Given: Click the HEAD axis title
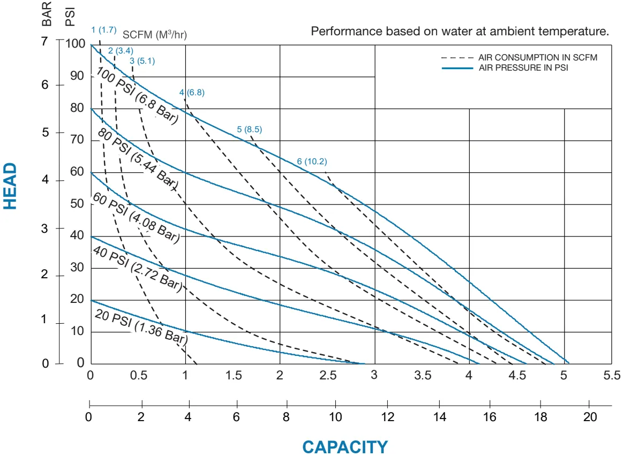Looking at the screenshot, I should pyautogui.click(x=10, y=186).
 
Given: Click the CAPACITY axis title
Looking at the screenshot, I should pyautogui.click(x=344, y=447).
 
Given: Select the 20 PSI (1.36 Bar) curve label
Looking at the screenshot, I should pyautogui.click(x=141, y=326).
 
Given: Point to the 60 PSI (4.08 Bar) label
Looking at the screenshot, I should pyautogui.click(x=136, y=219).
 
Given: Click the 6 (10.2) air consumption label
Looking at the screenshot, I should pyautogui.click(x=312, y=162).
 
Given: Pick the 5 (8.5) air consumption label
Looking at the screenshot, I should pyautogui.click(x=249, y=129).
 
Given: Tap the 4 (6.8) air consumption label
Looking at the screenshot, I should pyautogui.click(x=192, y=92).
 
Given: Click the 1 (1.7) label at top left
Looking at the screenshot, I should pyautogui.click(x=103, y=30).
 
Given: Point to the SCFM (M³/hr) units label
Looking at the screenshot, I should pyautogui.click(x=155, y=35).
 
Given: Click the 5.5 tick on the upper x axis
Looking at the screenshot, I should pyautogui.click(x=611, y=375).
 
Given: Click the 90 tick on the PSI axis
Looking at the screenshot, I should pyautogui.click(x=77, y=76).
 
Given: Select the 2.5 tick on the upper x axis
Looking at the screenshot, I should pyautogui.click(x=328, y=375).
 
